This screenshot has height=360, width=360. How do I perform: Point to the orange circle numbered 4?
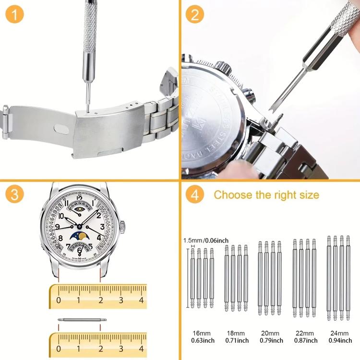pos(194,195)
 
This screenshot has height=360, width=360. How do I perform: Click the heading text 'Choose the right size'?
pos(266,195)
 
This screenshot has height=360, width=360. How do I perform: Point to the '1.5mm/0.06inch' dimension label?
pos(205,240)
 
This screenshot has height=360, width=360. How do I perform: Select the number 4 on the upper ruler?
pos(141,300)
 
